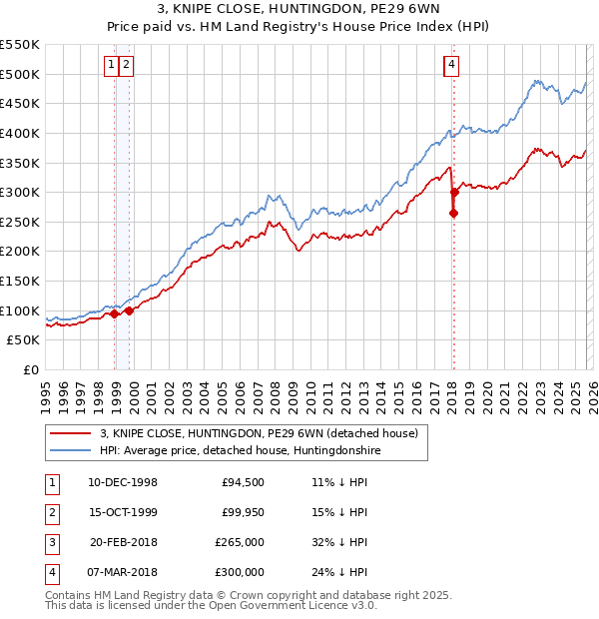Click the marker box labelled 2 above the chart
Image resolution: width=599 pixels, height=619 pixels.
128,65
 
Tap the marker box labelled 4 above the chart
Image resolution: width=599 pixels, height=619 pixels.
452,65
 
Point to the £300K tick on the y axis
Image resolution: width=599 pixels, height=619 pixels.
20,192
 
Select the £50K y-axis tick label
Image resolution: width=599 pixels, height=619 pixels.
24,340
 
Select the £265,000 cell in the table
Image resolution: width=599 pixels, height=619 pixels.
240,543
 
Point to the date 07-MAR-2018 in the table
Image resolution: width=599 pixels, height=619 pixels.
123,573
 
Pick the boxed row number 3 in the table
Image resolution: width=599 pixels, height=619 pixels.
51,543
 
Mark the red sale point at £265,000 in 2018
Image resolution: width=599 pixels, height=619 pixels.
453,213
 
